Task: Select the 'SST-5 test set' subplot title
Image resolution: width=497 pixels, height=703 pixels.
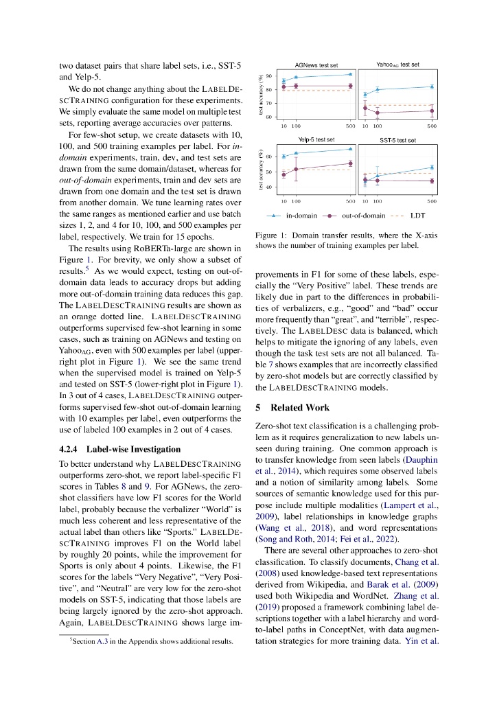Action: [397, 140]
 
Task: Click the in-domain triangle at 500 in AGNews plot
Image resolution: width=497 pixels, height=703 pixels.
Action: [350, 74]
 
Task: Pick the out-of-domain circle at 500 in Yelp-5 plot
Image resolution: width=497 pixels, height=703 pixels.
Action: [350, 163]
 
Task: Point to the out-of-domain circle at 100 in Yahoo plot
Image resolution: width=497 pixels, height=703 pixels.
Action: [377, 112]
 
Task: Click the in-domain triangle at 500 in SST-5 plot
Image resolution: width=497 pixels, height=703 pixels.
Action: [432, 167]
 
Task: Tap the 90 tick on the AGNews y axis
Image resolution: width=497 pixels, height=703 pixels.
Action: [268, 76]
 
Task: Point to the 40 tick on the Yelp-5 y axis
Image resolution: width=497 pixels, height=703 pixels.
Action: [268, 187]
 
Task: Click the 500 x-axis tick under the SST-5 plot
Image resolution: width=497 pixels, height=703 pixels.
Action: [432, 201]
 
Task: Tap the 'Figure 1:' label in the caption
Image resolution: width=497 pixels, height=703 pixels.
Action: [268, 234]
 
